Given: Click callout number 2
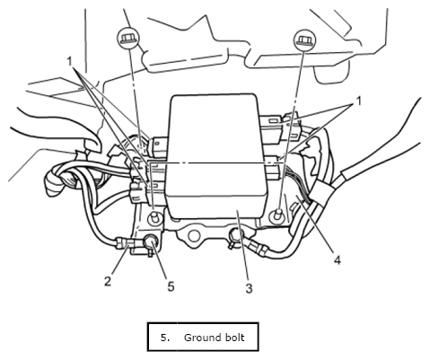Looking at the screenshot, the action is pos(108,281).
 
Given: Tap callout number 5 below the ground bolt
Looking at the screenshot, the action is pos(171,286).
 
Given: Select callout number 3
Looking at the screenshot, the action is pos(249,288).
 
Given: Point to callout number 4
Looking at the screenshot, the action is pos(338,259).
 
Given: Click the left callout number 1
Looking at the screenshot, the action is pos(70,62).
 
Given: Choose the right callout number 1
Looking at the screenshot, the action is pos(358,101).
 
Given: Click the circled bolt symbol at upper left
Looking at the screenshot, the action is pos(128,39).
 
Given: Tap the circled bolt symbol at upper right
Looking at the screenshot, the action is pos(304,40).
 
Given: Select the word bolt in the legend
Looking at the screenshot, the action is pos(233,338).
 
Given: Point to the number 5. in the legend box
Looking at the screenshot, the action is pos(165,338).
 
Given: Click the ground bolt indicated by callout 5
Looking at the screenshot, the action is pos(151,241).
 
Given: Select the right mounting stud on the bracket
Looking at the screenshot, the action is pos(277,215).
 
